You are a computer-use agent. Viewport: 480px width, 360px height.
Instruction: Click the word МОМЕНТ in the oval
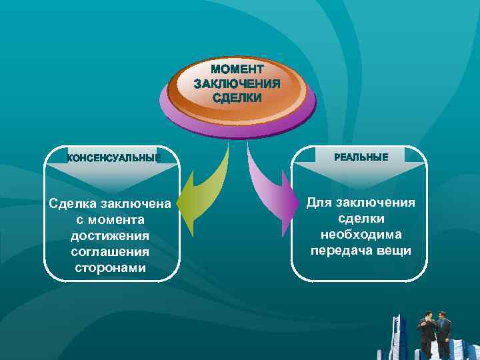[237, 69]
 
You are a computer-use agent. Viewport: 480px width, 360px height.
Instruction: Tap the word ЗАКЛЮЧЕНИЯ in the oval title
[237, 83]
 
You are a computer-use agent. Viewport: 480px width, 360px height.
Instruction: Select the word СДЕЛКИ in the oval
[237, 97]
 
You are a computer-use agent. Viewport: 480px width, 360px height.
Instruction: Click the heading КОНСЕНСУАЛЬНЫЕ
[113, 157]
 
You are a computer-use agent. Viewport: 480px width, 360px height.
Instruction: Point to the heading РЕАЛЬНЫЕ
[360, 157]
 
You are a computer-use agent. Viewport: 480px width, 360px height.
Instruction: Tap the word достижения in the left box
[110, 235]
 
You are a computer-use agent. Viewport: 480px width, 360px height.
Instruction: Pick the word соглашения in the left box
[110, 252]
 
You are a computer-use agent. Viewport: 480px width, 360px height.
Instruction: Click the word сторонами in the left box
[110, 268]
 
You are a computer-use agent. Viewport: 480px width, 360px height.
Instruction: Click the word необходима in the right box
[361, 235]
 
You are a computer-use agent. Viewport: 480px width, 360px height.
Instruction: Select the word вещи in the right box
[396, 251]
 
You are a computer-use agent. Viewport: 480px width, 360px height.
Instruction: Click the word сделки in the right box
[361, 219]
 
